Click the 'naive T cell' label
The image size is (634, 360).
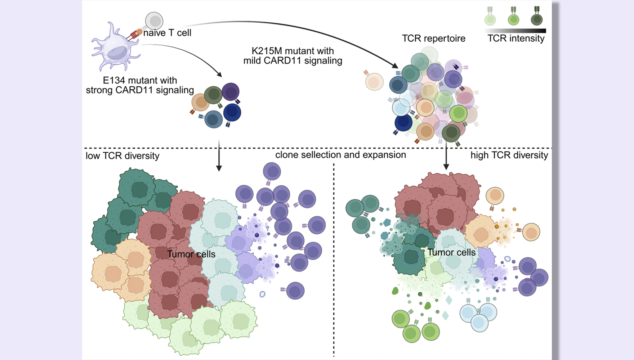coord(167,33)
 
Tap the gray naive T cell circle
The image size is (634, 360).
coord(154,21)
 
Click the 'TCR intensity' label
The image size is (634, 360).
coord(516,39)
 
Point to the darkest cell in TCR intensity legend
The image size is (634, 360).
coord(537,19)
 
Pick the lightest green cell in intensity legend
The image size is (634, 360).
coord(490,19)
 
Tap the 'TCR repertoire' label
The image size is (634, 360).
coord(433,39)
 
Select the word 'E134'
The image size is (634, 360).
coord(115,80)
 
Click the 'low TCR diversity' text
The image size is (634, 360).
coord(122,156)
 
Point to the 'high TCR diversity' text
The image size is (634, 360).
coord(509,155)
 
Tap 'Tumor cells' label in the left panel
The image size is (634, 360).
coord(191,254)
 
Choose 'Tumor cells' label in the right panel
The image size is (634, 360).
coord(451,252)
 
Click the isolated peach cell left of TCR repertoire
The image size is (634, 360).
coord(374,82)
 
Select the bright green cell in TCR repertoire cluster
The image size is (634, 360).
coord(458,114)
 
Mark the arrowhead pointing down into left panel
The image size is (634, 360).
coord(219,168)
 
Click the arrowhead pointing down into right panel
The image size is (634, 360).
coord(446,166)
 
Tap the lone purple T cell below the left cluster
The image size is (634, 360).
coord(295,291)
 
